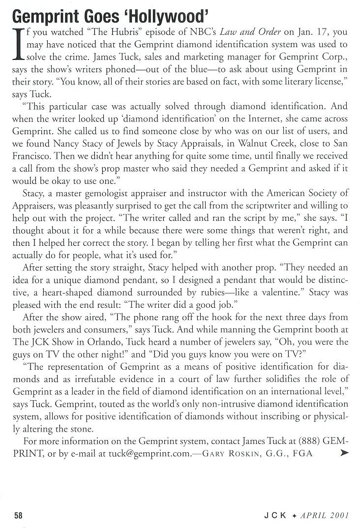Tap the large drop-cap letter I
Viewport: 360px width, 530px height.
pyautogui.click(x=16, y=48)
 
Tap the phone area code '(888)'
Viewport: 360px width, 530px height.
pyautogui.click(x=308, y=440)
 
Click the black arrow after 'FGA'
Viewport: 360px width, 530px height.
pyautogui.click(x=344, y=451)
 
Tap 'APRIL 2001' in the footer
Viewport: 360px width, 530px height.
pyautogui.click(x=326, y=516)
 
